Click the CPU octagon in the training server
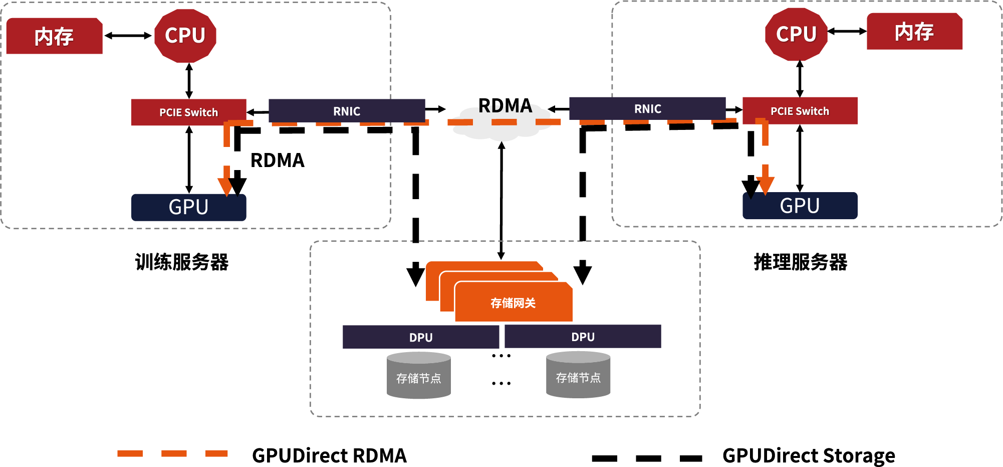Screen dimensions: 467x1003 [185, 36]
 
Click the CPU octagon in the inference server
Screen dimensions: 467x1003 [796, 34]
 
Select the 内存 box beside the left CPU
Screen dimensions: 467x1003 [54, 36]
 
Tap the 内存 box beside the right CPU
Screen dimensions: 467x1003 [914, 32]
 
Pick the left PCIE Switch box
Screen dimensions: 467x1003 [188, 112]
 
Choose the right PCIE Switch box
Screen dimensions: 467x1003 [800, 111]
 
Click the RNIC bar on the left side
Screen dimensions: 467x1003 [347, 111]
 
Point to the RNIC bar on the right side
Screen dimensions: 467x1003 [647, 109]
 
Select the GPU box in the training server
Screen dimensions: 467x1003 [188, 207]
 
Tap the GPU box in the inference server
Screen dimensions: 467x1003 [800, 206]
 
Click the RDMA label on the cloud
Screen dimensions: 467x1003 [505, 106]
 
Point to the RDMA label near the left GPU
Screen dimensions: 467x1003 [278, 161]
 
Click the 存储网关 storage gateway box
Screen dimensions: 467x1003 [513, 302]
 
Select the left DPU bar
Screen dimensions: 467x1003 [421, 337]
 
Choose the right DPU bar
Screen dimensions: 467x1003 [583, 337]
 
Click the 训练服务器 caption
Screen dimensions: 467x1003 [182, 262]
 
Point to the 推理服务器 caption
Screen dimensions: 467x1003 [800, 262]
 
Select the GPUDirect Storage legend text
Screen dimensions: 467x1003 [808, 455]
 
